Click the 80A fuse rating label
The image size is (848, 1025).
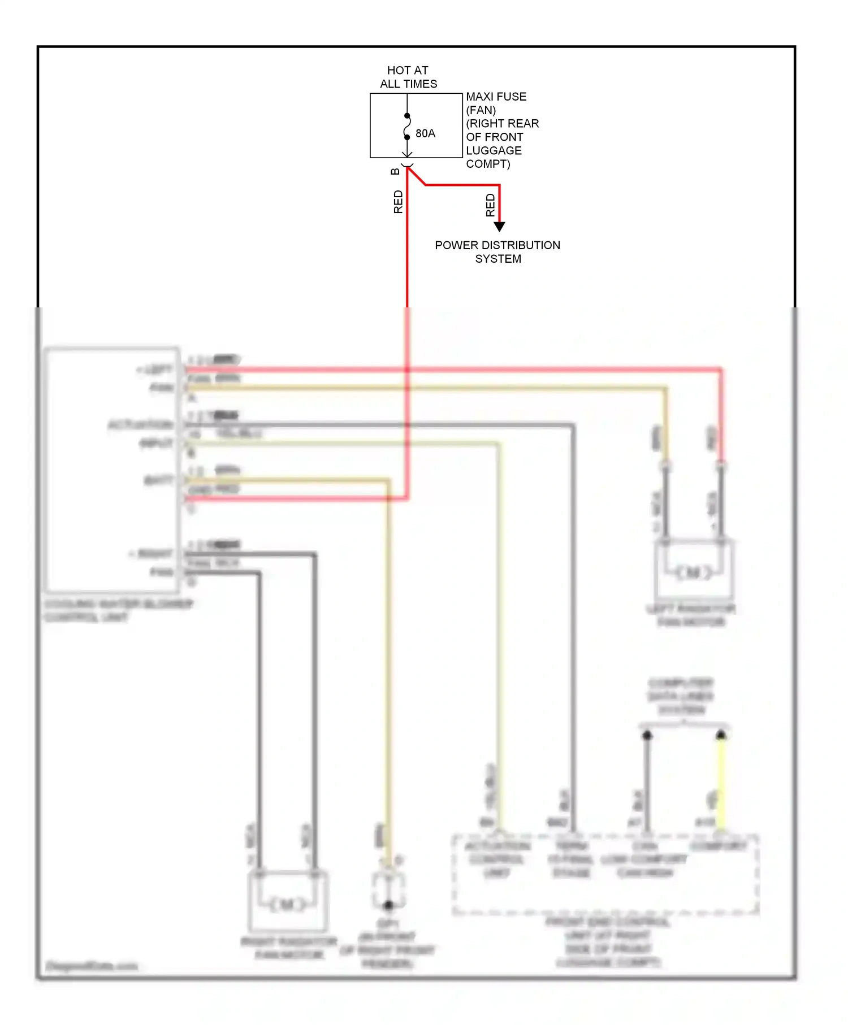tap(425, 133)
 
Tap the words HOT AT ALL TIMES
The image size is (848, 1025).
tap(408, 77)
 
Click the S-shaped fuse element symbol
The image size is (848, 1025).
tap(407, 127)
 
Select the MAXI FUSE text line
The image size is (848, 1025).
tap(496, 97)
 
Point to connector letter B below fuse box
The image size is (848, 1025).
tap(395, 171)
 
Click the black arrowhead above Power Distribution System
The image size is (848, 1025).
tap(499, 227)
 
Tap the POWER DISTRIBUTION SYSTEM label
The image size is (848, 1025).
tap(497, 252)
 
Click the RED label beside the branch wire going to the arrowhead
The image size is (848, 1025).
tap(490, 205)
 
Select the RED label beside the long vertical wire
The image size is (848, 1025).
tap(398, 202)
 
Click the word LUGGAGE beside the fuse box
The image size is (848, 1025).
tap(494, 150)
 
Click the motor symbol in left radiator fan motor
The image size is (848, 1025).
tap(694, 572)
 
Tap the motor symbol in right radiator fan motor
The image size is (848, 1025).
tap(287, 905)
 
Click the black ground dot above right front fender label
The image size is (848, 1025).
tap(388, 905)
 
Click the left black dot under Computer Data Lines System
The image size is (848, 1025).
tap(647, 736)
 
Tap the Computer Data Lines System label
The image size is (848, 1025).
tap(681, 696)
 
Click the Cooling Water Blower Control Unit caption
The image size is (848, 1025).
tap(119, 610)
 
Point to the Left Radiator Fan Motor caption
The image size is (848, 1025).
tap(691, 615)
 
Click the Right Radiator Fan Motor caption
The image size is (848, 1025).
tap(289, 948)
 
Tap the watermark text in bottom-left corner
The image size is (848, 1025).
tap(92, 966)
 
